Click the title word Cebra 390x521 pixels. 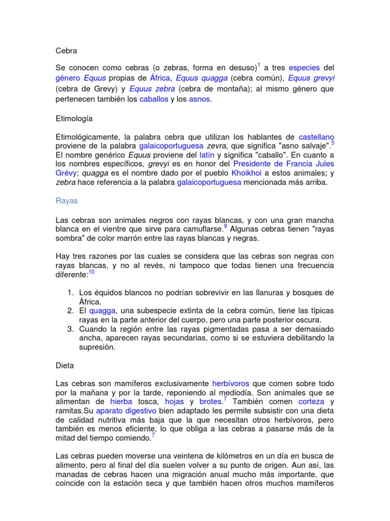pos(66,50)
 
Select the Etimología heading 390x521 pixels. pos(74,118)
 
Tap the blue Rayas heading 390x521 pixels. pos(67,200)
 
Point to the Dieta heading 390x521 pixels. pos(65,365)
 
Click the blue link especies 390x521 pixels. pos(305,68)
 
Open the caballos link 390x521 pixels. pos(154,100)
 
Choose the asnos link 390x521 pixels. pos(199,100)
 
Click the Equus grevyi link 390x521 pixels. pos(311,79)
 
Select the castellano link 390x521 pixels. pos(316,137)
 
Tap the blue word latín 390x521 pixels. pos(206,155)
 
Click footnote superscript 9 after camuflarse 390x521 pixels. pos(225,226)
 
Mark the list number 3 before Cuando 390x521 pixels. pos(70,329)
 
